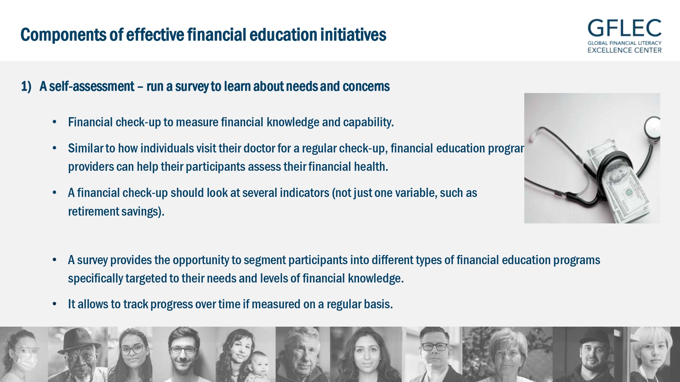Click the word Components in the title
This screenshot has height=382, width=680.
tap(64, 35)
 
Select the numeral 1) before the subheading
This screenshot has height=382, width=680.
tap(26, 87)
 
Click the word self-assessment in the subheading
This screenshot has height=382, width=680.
tap(92, 86)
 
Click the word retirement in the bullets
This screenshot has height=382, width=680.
tap(93, 212)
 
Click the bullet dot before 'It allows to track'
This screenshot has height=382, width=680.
tap(54, 304)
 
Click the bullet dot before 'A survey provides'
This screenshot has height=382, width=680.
tap(54, 260)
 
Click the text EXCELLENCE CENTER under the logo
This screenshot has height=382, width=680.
tap(625, 50)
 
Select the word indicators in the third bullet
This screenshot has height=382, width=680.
tap(305, 193)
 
